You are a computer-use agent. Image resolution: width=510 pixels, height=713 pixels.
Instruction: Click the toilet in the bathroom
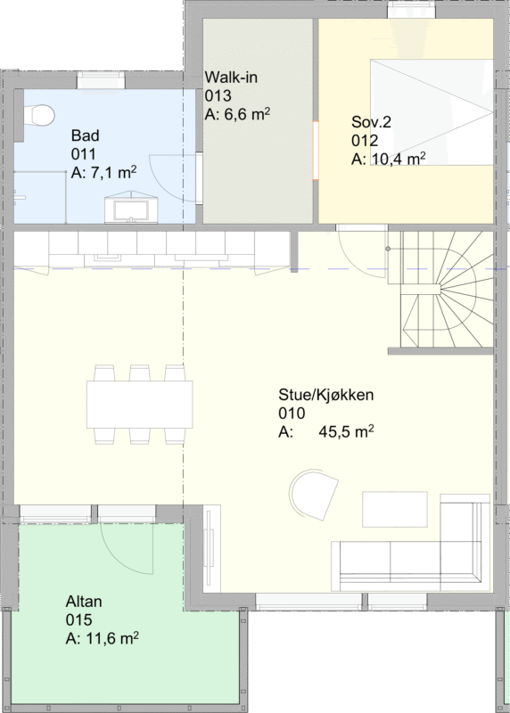[x=39, y=116]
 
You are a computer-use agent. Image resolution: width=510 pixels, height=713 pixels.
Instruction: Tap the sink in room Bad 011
[x=131, y=209]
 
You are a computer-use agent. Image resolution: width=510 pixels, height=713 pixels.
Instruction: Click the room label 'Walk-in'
[x=231, y=78]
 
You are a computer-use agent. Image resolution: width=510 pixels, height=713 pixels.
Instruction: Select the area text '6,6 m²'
[x=247, y=114]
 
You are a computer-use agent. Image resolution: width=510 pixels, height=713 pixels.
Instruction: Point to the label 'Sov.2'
[x=371, y=122]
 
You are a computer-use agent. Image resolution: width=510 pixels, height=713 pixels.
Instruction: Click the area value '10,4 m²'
[x=399, y=159]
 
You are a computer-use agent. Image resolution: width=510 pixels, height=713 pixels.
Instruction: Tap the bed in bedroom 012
[x=432, y=112]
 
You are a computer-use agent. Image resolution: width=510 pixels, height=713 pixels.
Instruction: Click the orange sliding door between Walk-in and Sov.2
[x=316, y=151]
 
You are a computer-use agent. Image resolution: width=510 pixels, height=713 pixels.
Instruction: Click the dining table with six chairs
[x=140, y=404]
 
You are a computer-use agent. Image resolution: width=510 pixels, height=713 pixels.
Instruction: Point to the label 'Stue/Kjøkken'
[x=326, y=395]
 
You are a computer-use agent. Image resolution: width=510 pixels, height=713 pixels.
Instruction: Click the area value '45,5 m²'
[x=346, y=431]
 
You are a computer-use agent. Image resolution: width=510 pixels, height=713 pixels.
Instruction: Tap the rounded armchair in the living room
[x=314, y=494]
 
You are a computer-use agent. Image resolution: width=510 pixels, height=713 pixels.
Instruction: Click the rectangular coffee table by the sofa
[x=395, y=509]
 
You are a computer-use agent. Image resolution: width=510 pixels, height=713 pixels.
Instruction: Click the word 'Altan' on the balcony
[x=84, y=602]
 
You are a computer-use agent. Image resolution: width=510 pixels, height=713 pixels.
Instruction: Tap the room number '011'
[x=84, y=154]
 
